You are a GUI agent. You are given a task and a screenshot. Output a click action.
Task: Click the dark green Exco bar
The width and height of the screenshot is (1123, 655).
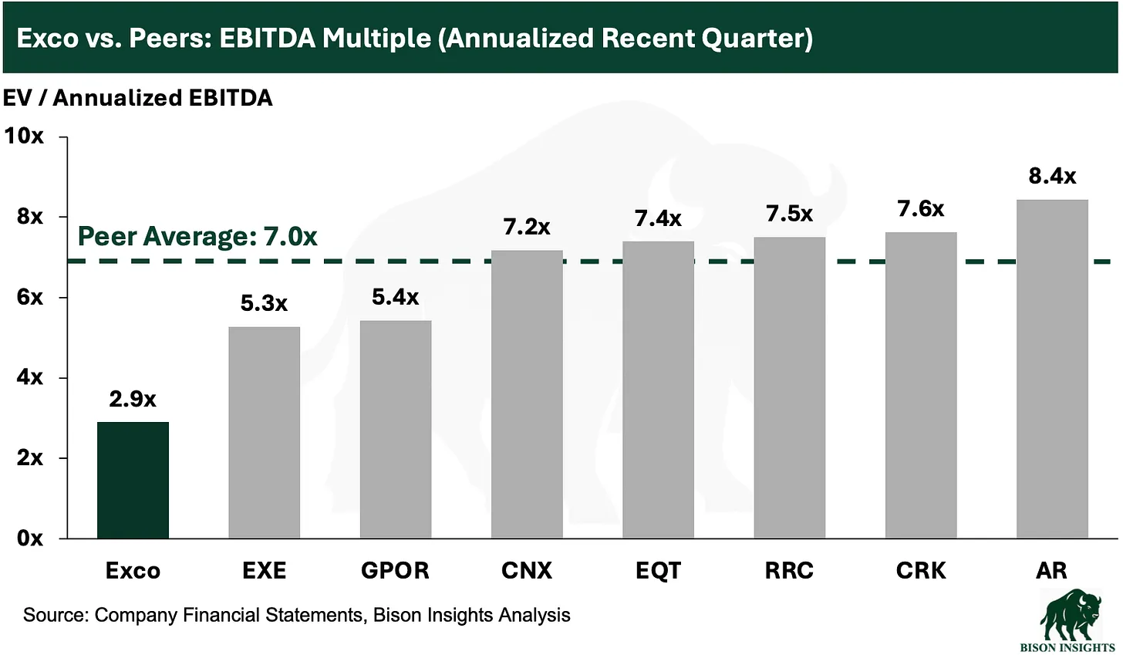(x=133, y=480)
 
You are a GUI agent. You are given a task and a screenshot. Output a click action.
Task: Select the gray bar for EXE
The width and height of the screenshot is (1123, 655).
(x=264, y=432)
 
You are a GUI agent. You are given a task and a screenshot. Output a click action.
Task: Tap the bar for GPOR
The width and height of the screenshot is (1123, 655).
(x=396, y=429)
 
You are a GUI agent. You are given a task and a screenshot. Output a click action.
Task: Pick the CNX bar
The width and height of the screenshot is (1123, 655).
(x=527, y=393)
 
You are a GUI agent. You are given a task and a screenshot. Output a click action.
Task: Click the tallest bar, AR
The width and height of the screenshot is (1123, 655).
(x=1052, y=369)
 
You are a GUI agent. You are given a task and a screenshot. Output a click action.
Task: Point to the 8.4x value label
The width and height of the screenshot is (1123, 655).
(x=1052, y=176)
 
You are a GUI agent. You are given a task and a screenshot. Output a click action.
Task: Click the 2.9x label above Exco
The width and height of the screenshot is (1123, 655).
(x=133, y=399)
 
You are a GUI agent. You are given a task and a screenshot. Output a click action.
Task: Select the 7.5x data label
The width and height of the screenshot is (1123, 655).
(x=789, y=214)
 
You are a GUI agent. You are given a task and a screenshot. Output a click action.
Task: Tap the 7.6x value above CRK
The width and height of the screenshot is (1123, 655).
(x=921, y=208)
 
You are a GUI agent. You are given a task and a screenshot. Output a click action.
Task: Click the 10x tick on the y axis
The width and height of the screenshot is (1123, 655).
(x=25, y=136)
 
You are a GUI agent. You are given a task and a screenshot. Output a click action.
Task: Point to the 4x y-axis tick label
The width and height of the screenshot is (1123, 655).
(x=29, y=377)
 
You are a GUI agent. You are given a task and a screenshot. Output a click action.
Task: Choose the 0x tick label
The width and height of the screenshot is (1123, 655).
(x=29, y=539)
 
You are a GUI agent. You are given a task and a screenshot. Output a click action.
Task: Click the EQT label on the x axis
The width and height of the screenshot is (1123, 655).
(x=658, y=570)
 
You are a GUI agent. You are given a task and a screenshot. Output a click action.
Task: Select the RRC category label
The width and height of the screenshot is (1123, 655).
(x=789, y=570)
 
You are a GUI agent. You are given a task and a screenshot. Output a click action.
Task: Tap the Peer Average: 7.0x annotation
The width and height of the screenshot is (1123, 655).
(x=197, y=236)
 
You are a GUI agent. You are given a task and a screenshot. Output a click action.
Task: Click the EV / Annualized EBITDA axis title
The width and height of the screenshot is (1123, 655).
(x=137, y=98)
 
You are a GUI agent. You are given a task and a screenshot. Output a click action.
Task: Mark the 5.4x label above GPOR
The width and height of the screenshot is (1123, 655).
(x=396, y=296)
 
